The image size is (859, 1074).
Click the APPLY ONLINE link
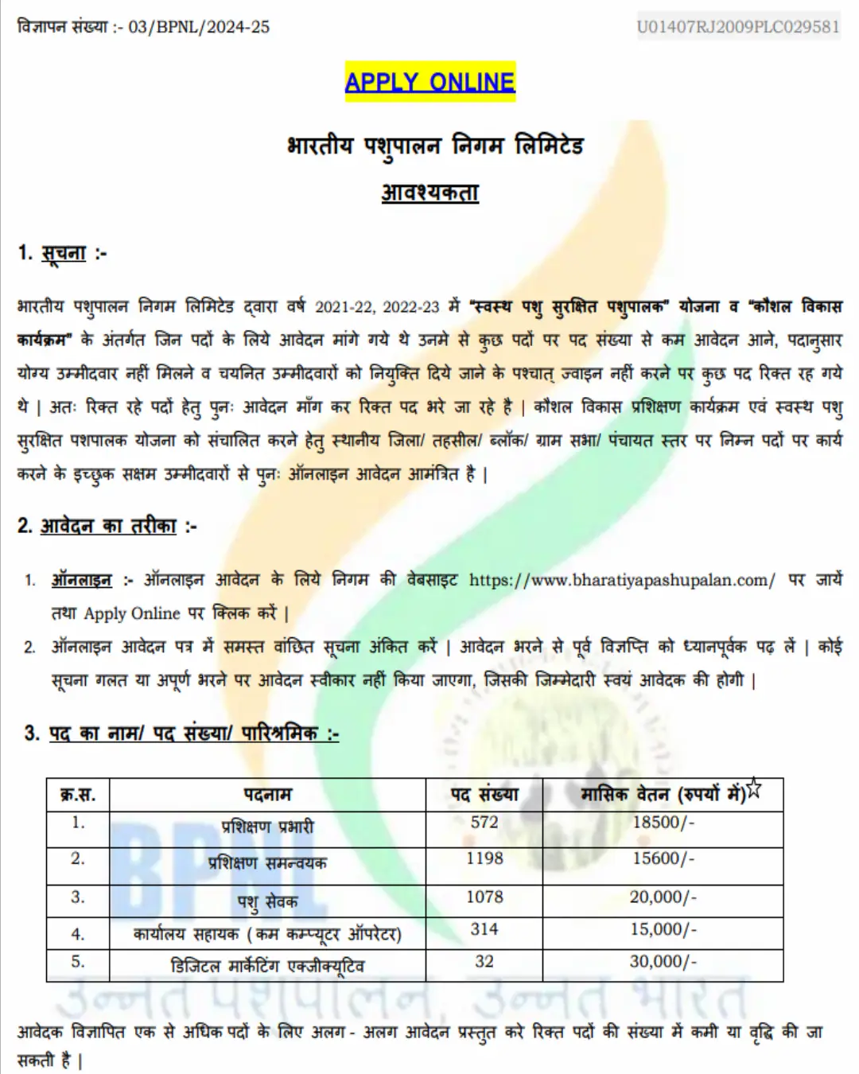click(x=429, y=82)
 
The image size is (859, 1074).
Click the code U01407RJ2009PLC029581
click(x=738, y=27)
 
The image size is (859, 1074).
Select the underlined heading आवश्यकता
click(x=429, y=193)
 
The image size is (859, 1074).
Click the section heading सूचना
click(x=63, y=254)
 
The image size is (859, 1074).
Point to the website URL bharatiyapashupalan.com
click(x=621, y=580)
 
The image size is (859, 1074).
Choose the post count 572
click(x=484, y=823)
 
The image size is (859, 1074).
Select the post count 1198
click(x=484, y=858)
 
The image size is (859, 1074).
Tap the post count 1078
click(x=484, y=897)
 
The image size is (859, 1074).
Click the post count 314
click(x=484, y=929)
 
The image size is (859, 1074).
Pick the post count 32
click(x=484, y=961)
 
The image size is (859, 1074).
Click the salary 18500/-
click(x=663, y=823)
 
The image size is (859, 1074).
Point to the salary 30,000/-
click(x=663, y=961)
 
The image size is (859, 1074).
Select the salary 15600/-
click(x=663, y=858)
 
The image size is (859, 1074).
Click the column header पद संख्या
click(x=484, y=794)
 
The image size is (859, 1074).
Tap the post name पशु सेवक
click(x=267, y=901)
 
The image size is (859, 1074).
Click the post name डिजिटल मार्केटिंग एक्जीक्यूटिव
click(x=267, y=966)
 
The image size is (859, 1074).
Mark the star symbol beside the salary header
click(x=754, y=789)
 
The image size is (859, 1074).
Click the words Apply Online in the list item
click(x=132, y=613)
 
